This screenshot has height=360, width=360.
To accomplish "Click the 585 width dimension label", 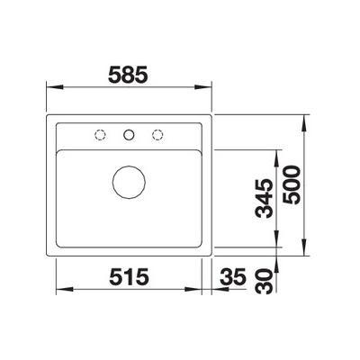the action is click(128, 75).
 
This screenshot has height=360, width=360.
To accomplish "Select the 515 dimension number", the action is click(129, 276).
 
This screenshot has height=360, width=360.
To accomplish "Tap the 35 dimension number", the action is click(233, 276).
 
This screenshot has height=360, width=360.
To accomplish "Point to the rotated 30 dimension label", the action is click(265, 281).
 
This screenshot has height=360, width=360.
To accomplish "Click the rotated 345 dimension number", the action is click(265, 198).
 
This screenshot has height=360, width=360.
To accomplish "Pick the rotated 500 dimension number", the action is click(292, 185).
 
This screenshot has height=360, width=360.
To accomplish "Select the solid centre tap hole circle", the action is click(129, 135).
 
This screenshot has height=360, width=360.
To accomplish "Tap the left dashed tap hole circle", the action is click(100, 135).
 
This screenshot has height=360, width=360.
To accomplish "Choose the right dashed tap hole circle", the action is click(157, 135).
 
